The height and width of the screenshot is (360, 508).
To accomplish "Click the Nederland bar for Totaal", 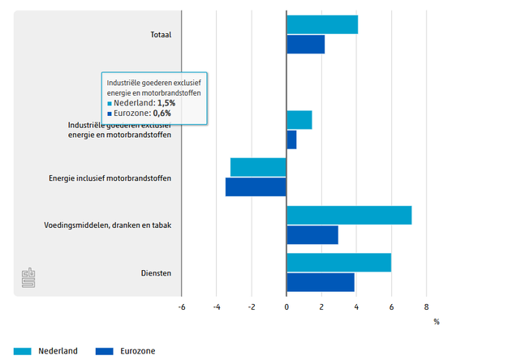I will coord(322,24).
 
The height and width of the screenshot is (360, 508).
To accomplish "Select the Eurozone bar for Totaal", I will coord(305,45).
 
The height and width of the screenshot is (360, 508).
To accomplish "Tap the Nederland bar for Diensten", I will coord(338,263).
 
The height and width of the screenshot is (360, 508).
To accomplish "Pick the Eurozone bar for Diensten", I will coord(321,282).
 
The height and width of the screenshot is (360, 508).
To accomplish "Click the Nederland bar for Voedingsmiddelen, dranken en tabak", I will coord(349,215).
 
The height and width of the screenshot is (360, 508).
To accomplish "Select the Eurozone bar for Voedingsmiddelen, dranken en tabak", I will coord(312,235).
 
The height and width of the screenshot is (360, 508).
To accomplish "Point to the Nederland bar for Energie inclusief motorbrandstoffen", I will coord(258,167).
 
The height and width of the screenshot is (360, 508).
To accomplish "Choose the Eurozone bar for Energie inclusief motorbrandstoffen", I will coord(256,186).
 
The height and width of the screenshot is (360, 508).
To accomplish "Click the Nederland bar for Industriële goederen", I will coord(299,120).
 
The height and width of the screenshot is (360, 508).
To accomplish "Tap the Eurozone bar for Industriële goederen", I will coord(291,139).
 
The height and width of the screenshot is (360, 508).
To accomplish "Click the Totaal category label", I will coord(161,35).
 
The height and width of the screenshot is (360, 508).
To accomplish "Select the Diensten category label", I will coord(156,273).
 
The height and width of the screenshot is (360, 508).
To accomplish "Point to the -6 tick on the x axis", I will coord(181,307).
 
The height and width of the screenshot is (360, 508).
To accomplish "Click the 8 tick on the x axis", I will coord(426,307).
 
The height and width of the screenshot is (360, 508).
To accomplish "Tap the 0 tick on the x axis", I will coord(286,307).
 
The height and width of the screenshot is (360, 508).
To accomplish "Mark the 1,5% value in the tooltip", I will coord(164,104).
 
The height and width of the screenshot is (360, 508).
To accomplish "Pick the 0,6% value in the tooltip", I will coord(160,114).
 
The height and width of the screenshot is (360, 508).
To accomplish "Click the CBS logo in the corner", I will coord(30,277).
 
